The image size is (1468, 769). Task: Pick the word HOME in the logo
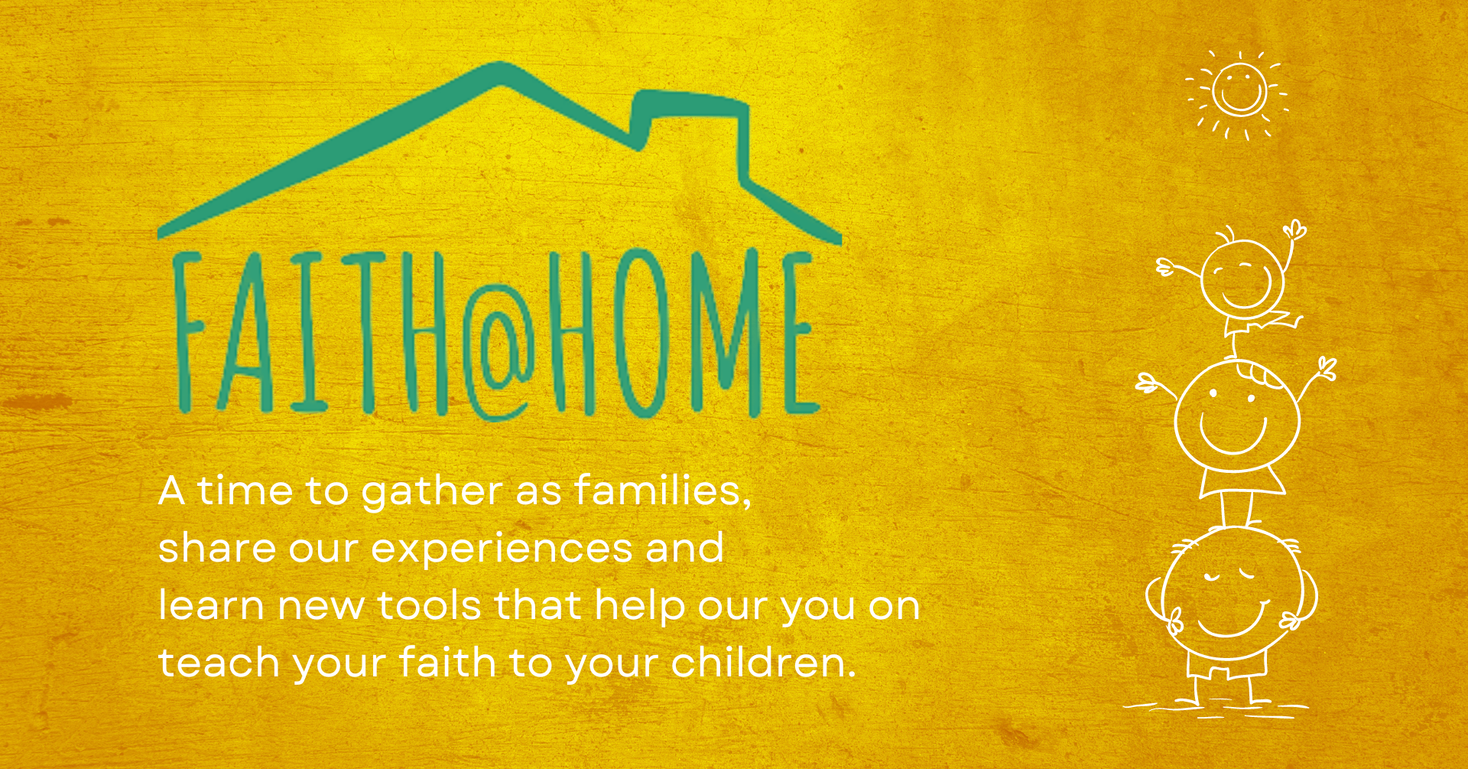tap(680, 333)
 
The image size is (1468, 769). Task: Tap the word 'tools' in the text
tap(429, 605)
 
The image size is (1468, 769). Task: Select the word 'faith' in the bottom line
tap(447, 662)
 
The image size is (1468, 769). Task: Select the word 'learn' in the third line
tap(211, 605)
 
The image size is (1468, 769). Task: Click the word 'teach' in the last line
tap(219, 662)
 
